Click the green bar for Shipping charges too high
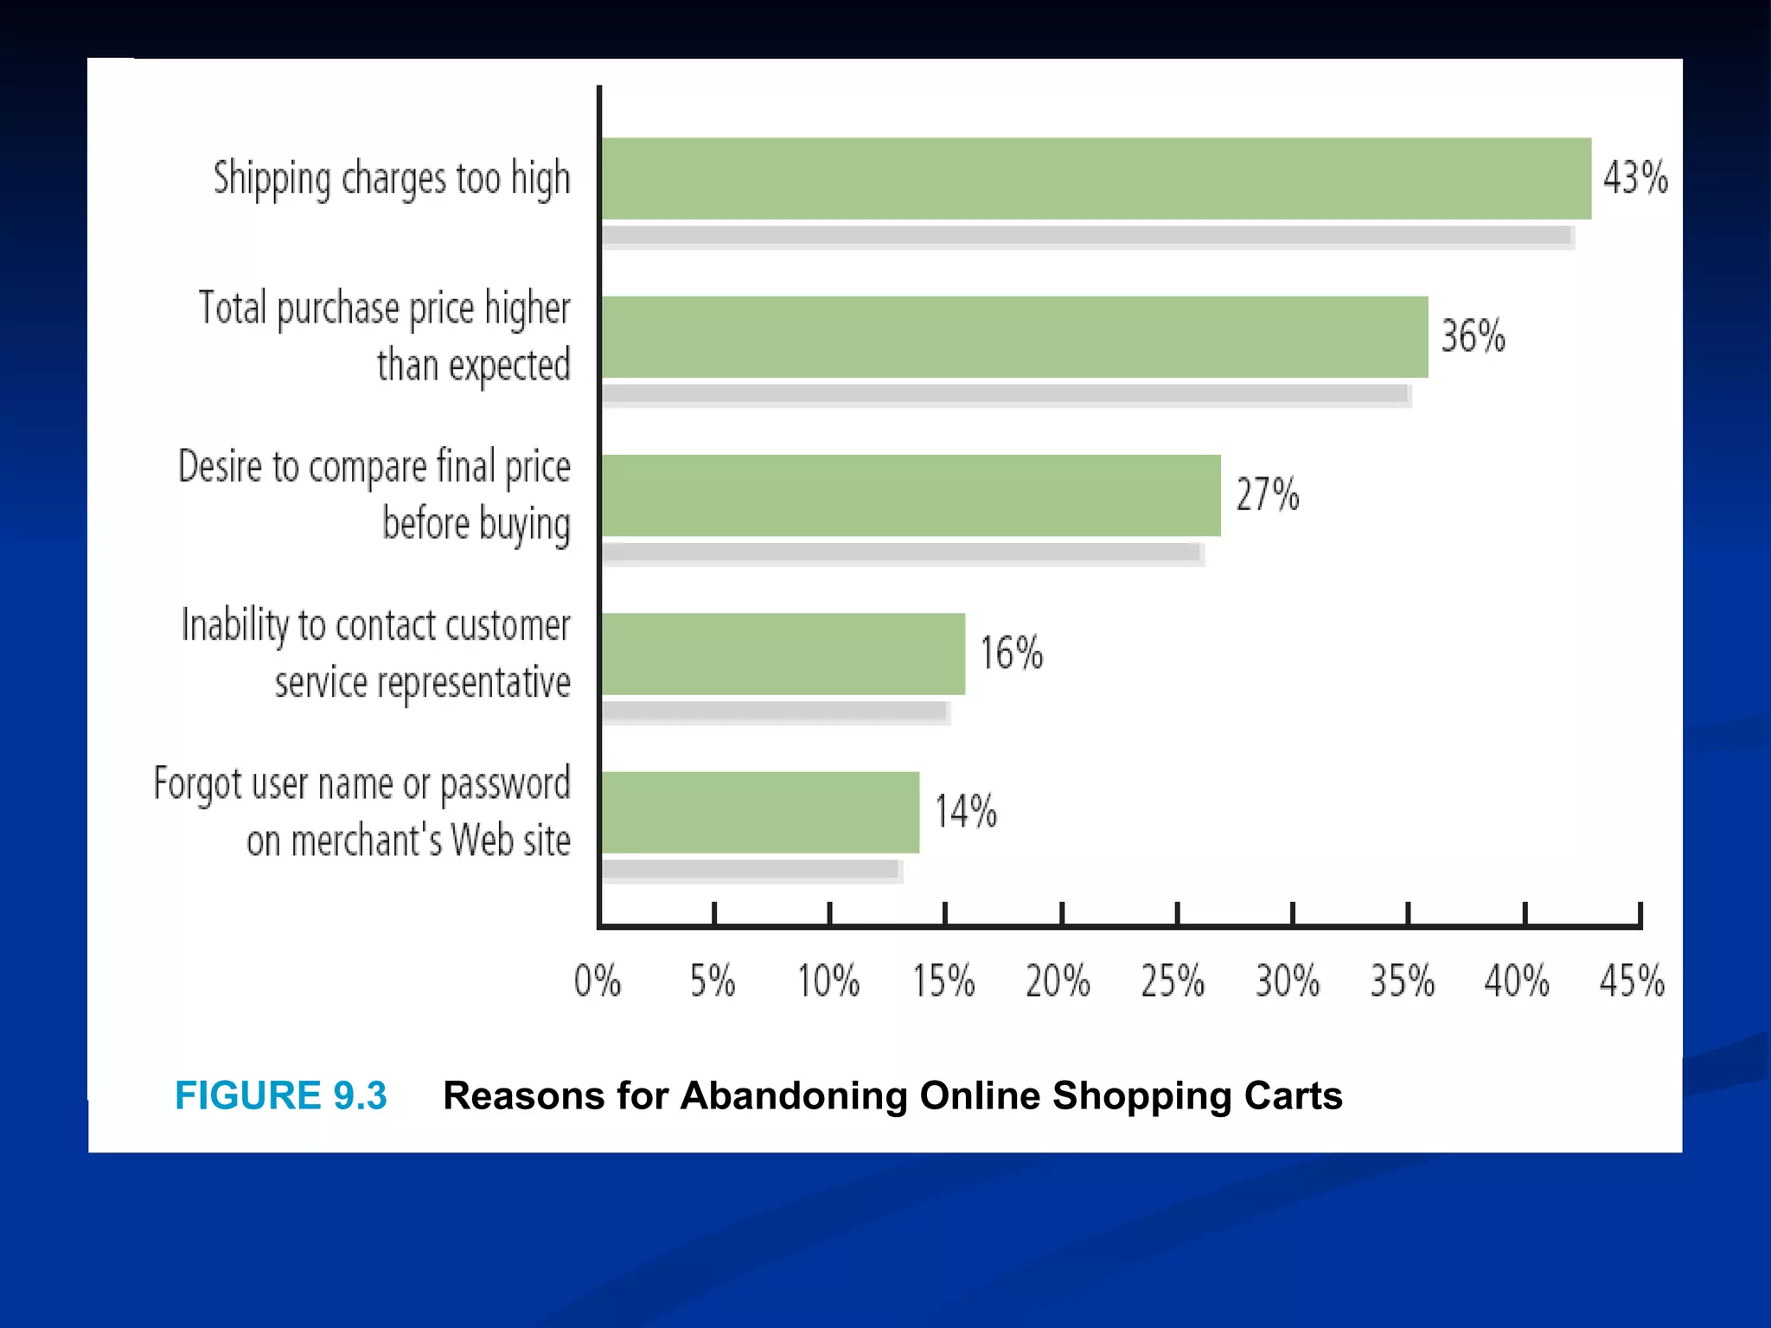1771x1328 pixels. (1096, 178)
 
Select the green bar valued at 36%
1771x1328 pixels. (1013, 336)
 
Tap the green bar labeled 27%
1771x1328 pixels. (911, 495)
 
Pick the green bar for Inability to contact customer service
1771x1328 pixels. (783, 654)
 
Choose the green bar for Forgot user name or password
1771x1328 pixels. (760, 812)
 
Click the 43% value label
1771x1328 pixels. (1634, 178)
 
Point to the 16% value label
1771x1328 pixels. (1011, 653)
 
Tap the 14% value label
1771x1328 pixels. (965, 812)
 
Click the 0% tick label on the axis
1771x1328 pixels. (598, 981)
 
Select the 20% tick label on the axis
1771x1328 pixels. (1058, 981)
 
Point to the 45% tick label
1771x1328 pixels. (1631, 981)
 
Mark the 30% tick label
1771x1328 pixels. (1288, 981)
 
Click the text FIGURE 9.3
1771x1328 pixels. (281, 1095)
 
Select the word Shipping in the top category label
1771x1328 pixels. (272, 180)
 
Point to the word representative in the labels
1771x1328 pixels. (474, 683)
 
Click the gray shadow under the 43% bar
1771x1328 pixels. (1087, 236)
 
